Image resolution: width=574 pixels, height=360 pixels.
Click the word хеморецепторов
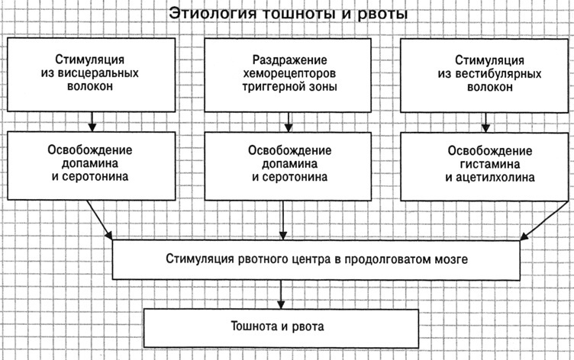tap(289, 73)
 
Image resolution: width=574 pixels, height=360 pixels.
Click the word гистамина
tap(490, 164)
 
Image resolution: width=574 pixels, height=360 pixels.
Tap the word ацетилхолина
tap(495, 178)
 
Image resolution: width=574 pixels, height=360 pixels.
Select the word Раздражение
tap(289, 60)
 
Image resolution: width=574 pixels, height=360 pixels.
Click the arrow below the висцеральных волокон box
tap(92, 121)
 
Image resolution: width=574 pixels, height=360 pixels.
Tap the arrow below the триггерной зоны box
tap(289, 122)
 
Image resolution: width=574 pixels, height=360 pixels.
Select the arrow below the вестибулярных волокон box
tap(485, 122)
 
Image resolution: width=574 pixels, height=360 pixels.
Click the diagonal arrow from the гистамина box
tap(543, 220)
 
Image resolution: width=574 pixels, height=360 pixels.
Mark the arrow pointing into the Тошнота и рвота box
tap(281, 295)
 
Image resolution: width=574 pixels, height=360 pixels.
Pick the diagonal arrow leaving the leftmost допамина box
tap(99, 220)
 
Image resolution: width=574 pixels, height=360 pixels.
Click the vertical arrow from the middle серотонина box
tap(283, 220)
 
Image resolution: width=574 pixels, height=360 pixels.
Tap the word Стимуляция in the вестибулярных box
tap(489, 60)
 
